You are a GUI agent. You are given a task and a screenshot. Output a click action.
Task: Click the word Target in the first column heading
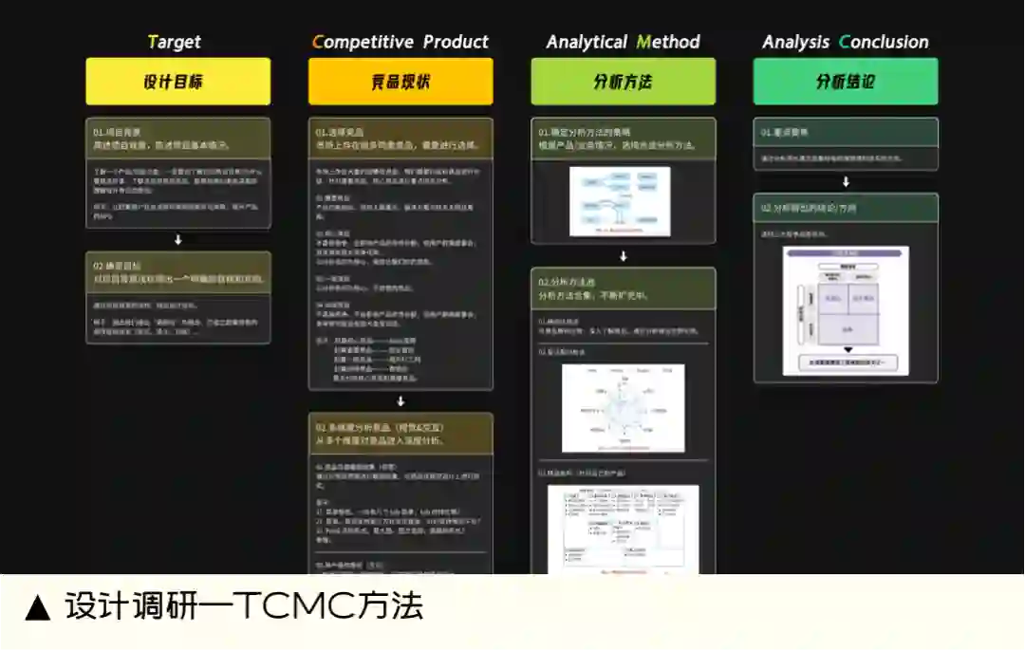[175, 42]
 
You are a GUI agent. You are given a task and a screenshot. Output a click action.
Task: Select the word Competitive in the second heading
[363, 42]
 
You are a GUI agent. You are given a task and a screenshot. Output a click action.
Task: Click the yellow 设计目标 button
[177, 82]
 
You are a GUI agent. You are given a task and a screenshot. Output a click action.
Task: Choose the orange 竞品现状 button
[401, 82]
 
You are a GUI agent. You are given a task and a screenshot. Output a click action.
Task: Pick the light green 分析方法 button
[623, 82]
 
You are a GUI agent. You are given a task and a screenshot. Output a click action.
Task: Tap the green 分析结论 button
[845, 82]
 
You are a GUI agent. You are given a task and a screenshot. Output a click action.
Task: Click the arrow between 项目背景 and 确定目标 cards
[177, 240]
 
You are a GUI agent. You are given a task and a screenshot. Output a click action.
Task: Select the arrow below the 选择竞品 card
[401, 401]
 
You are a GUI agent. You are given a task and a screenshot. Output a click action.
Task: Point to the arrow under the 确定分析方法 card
[623, 256]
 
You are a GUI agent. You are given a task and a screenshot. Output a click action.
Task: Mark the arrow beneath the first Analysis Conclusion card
[846, 182]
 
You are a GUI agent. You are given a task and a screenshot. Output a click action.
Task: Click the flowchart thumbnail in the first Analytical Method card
[620, 201]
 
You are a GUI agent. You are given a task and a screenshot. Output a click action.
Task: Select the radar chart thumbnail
[623, 408]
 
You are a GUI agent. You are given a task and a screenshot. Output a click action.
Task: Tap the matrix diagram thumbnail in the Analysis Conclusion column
[846, 310]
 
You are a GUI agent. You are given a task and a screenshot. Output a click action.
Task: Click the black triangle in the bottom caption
[37, 607]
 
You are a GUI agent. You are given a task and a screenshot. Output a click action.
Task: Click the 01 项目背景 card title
[114, 131]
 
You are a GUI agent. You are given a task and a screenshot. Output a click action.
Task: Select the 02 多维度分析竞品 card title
[380, 427]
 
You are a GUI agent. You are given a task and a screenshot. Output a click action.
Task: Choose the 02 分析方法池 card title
[567, 282]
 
